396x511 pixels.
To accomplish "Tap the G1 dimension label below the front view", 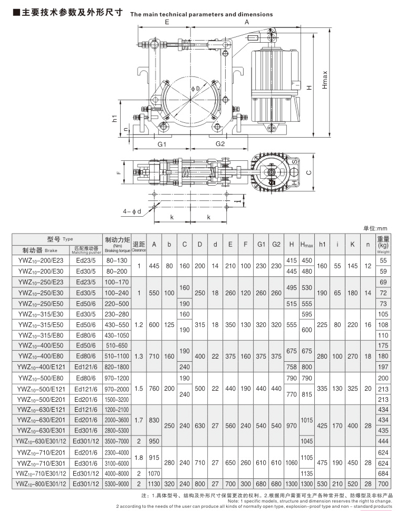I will (162, 144).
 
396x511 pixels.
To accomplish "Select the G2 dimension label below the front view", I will (220, 144).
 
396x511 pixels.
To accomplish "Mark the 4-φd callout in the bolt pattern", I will (132, 211).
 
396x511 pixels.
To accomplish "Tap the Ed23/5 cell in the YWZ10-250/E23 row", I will (87, 282).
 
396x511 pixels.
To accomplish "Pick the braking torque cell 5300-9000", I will (117, 484).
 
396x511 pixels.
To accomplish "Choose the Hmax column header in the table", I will (306, 245).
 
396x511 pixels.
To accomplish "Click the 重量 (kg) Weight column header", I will (383, 245).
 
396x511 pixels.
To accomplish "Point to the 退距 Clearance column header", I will (139, 245).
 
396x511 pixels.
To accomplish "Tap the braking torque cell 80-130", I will (117, 261).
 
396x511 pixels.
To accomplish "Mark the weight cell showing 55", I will (383, 261).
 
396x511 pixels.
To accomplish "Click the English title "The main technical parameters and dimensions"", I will (201, 15).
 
